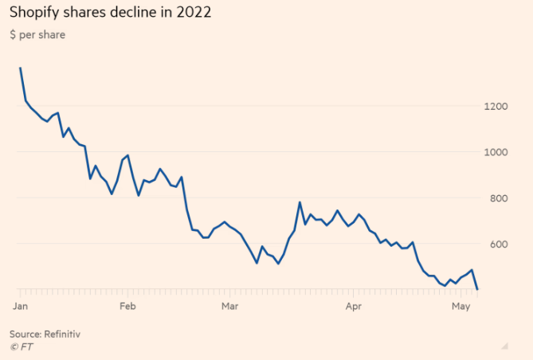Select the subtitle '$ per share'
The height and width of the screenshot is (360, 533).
click(37, 35)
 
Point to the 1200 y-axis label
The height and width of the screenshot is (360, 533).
click(496, 107)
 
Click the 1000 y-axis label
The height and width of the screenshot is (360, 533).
click(496, 153)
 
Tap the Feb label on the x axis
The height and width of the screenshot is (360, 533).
click(127, 306)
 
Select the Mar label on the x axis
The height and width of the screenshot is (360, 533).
click(230, 306)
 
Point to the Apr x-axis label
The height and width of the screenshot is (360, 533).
click(353, 306)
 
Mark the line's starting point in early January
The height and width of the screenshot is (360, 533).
click(20, 68)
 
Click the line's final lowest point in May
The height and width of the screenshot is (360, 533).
click(477, 289)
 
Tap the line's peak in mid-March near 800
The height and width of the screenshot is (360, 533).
click(300, 202)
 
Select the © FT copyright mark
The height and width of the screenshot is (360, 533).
click(21, 346)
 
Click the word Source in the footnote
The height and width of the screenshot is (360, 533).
click(24, 334)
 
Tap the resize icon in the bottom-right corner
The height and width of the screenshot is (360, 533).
click(504, 346)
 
